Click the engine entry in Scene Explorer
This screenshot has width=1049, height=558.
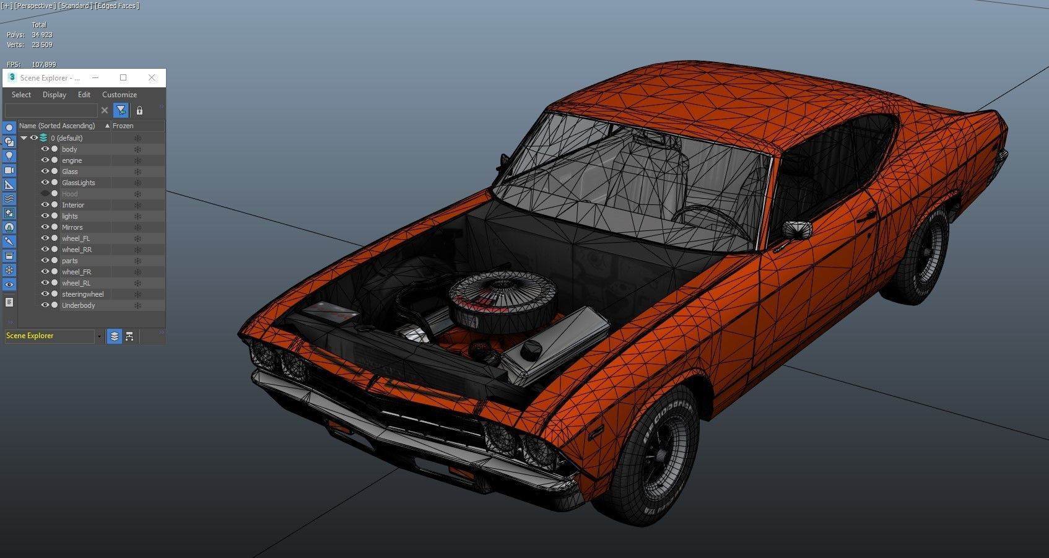[x=72, y=160]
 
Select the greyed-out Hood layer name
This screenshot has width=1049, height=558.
[x=69, y=194]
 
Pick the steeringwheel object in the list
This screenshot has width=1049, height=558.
[x=82, y=294]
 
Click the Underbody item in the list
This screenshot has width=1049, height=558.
[x=78, y=305]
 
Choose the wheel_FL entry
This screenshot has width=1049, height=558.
[x=76, y=238]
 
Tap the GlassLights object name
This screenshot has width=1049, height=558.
[x=78, y=183]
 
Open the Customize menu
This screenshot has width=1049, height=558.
[x=120, y=95]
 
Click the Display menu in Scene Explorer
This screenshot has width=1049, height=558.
[x=54, y=95]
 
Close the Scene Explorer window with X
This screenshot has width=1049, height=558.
[x=152, y=77]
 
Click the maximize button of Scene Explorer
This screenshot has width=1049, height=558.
[x=123, y=77]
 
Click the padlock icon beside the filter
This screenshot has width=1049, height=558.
[x=139, y=110]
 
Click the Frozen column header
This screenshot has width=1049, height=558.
[x=123, y=126]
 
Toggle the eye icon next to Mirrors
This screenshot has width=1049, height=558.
[x=45, y=227]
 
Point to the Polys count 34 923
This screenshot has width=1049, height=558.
[x=42, y=35]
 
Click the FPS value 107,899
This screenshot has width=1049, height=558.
[x=43, y=64]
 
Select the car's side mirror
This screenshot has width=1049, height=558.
[x=797, y=229]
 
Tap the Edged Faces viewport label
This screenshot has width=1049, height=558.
[x=117, y=6]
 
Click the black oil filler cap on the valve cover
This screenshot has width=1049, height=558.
[x=531, y=351]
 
